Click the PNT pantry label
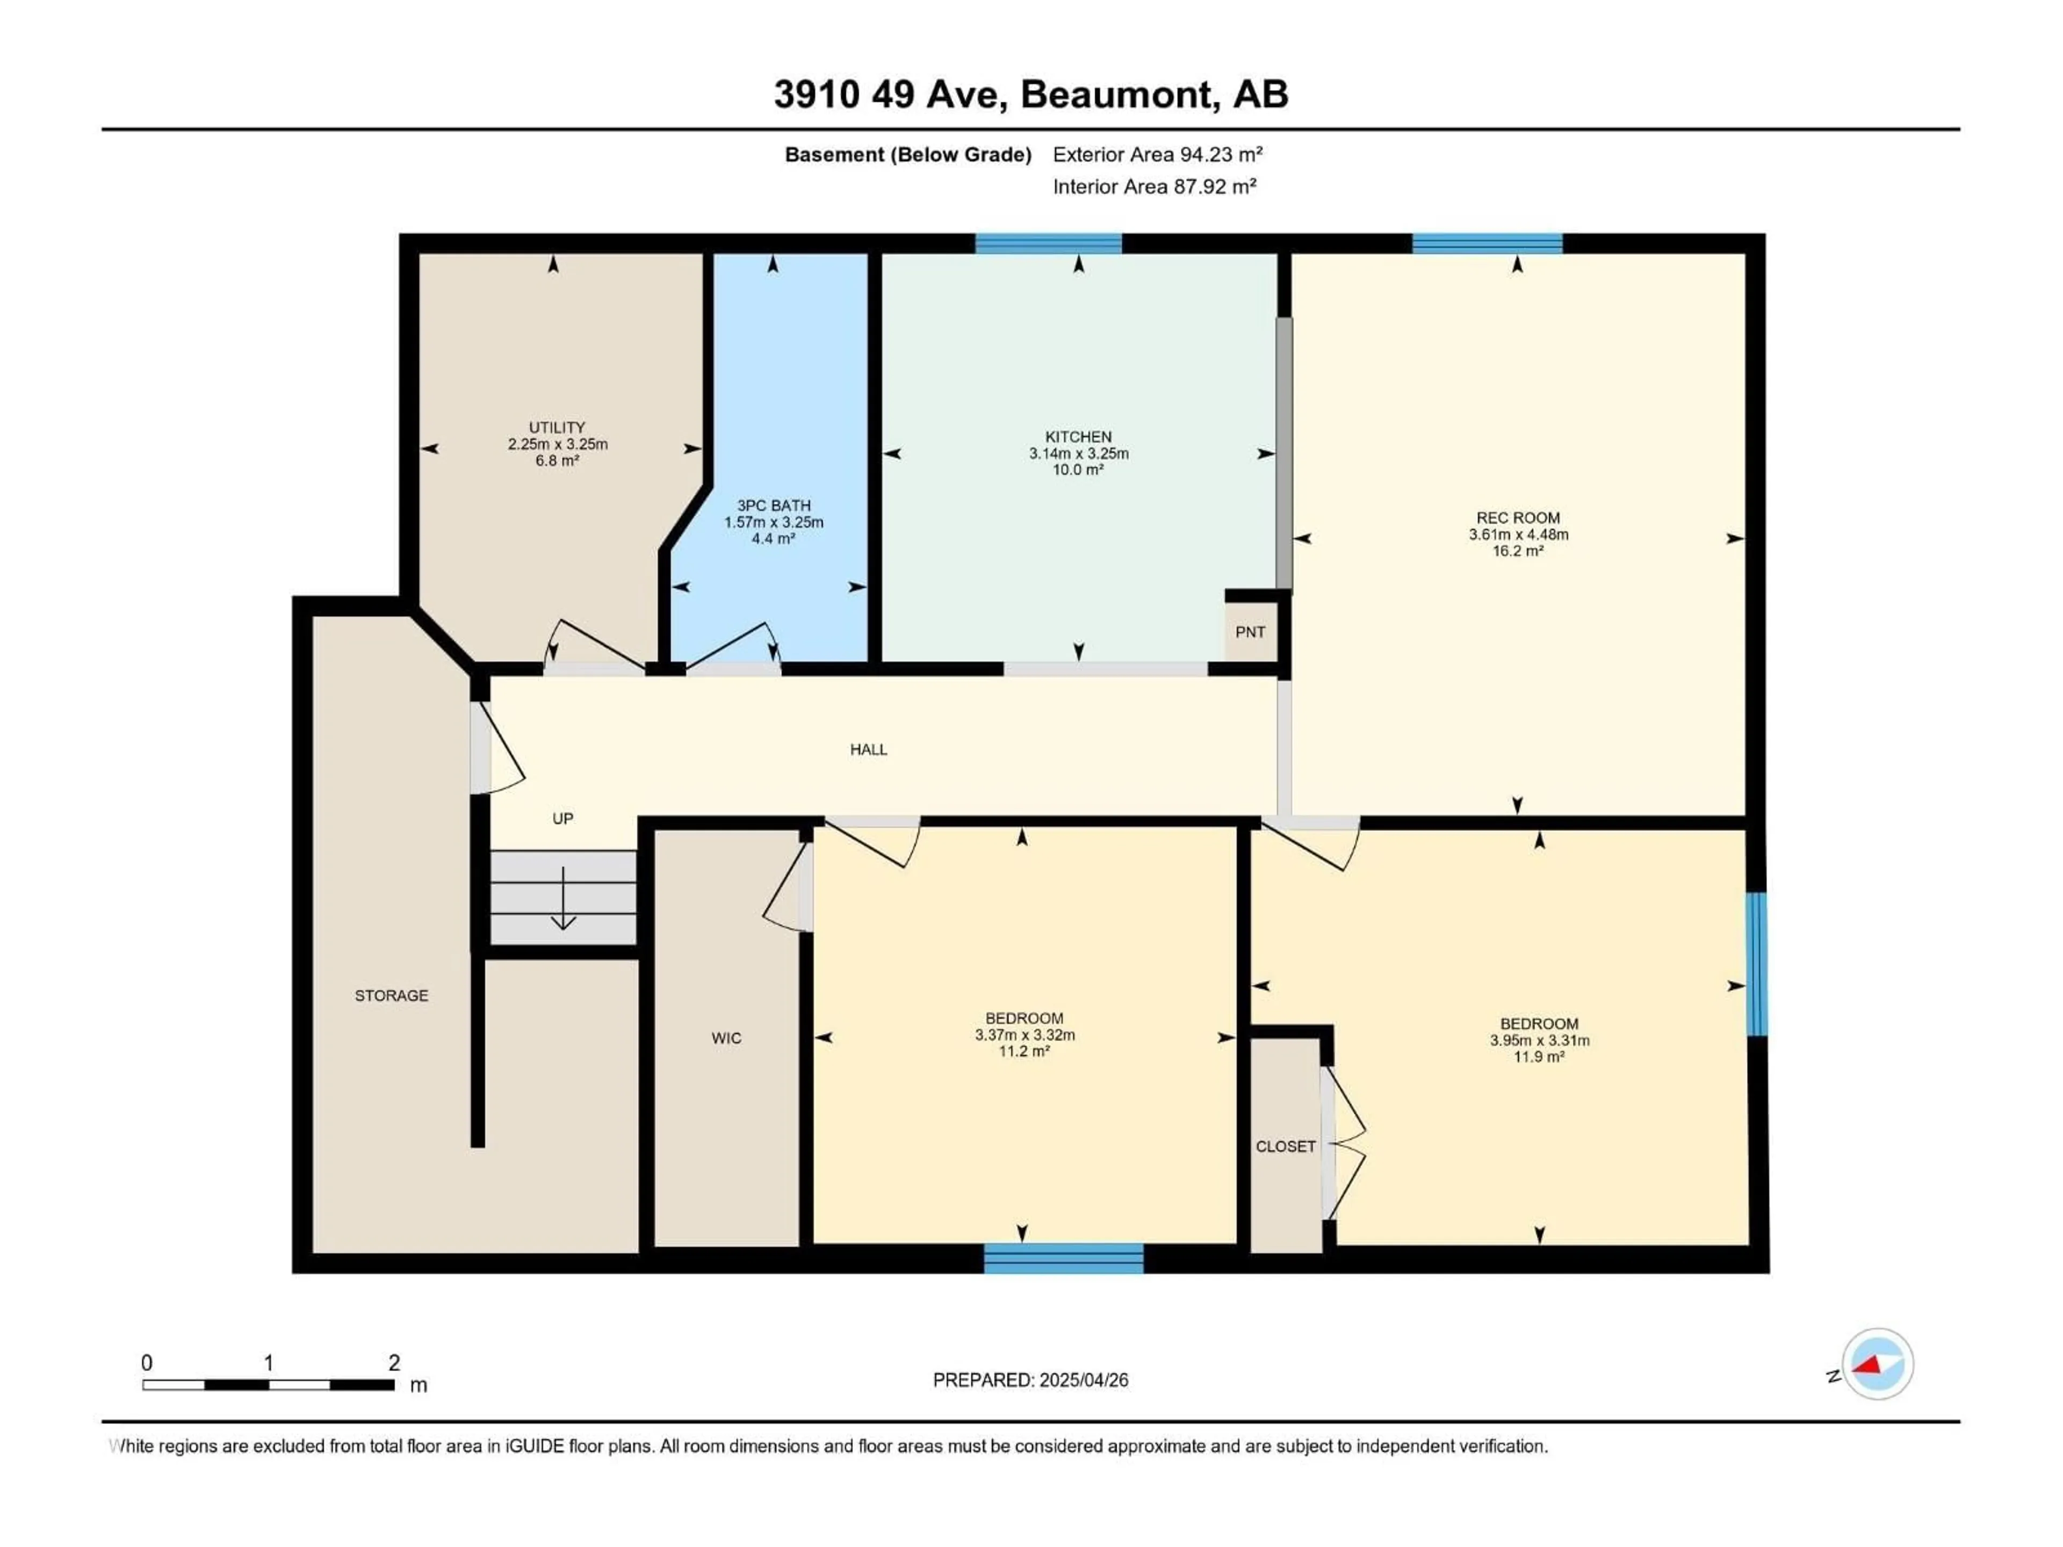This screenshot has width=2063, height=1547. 1250,632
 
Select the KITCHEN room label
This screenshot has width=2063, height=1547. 1078,436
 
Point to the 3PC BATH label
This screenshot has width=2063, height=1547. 773,505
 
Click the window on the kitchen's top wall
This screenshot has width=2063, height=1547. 1048,244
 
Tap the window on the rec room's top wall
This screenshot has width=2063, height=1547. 1487,244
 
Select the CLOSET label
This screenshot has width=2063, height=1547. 1285,1146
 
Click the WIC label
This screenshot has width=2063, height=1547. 726,1038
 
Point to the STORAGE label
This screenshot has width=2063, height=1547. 391,996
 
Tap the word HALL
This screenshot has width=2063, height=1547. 868,750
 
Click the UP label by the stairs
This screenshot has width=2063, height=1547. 562,819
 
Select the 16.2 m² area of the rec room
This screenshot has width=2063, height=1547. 1517,551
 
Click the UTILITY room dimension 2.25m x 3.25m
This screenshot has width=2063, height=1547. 558,444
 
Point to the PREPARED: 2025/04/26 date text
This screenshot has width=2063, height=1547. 1030,1380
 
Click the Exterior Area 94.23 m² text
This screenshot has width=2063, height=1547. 1157,155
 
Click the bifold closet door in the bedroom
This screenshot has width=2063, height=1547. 1343,1143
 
